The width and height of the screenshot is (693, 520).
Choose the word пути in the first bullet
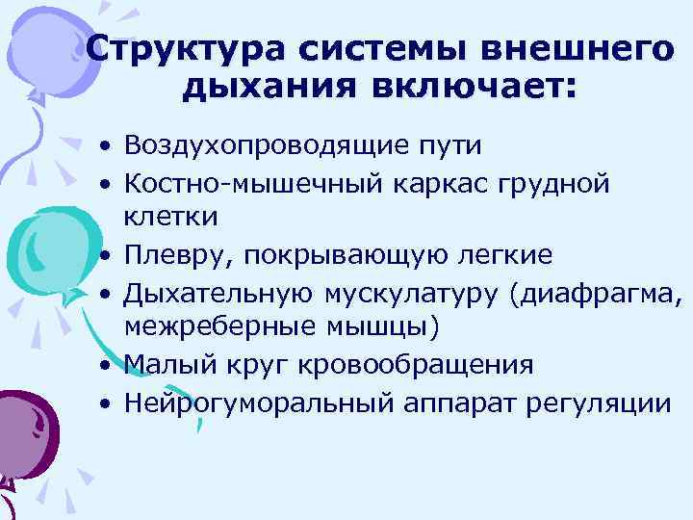point(445,146)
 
